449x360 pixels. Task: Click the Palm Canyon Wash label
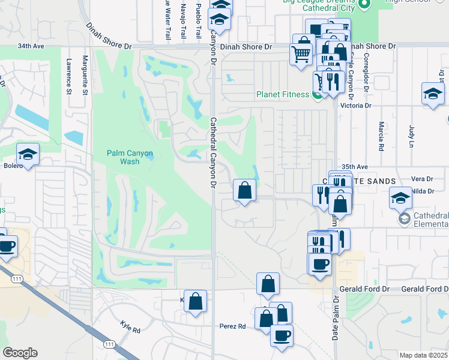click(130, 157)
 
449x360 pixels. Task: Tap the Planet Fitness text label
click(283, 94)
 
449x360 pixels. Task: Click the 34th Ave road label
click(32, 46)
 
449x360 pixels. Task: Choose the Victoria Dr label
click(356, 106)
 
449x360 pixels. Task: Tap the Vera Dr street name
click(422, 179)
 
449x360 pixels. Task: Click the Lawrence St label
click(69, 76)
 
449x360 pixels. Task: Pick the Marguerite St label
click(85, 75)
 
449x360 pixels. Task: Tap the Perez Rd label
click(234, 326)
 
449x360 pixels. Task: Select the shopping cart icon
click(301, 55)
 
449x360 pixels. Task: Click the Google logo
click(20, 353)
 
